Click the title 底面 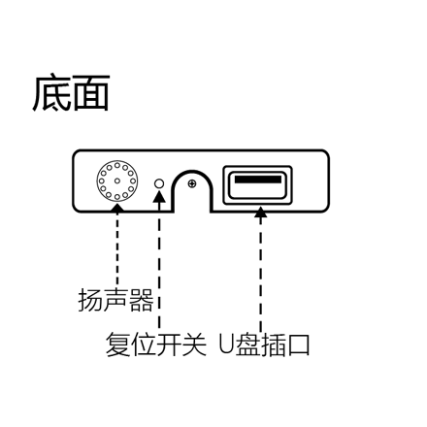(71, 93)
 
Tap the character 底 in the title (51, 93)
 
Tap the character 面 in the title (91, 93)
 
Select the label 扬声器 (115, 300)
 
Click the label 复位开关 (156, 345)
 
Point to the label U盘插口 (264, 345)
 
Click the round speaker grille (117, 181)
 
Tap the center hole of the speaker (117, 181)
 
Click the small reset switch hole (159, 183)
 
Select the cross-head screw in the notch (192, 184)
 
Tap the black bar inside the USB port (258, 180)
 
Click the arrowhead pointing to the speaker (117, 208)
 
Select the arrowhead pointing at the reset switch (159, 196)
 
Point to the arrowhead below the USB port (260, 212)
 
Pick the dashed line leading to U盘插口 (260, 275)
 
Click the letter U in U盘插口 (226, 345)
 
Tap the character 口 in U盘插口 (298, 345)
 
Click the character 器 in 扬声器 (141, 300)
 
